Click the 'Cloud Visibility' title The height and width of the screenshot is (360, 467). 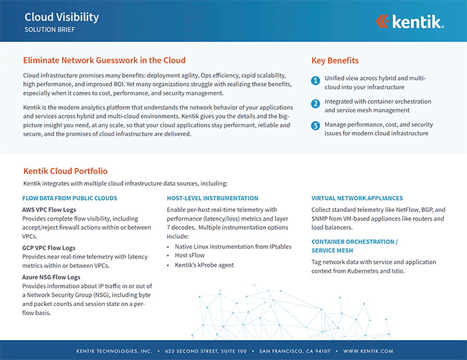tap(61, 17)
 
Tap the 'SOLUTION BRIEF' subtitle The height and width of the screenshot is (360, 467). tap(50, 31)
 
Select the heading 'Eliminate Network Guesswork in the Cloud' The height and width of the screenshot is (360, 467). tap(104, 60)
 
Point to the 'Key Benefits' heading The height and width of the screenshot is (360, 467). tap(335, 61)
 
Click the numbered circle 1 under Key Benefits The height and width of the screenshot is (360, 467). tap(316, 81)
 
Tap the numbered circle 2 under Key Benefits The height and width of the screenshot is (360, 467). tap(316, 103)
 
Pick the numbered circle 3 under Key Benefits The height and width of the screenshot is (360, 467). tap(316, 125)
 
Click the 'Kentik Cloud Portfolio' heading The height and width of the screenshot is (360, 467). tap(65, 171)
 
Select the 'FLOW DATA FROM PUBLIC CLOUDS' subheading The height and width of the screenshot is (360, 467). tap(70, 198)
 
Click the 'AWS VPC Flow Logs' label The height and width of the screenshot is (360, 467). tap(52, 209)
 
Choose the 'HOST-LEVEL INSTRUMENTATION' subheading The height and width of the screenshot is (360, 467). tap(212, 198)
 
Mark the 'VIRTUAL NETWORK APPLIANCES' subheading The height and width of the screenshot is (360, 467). tap(357, 198)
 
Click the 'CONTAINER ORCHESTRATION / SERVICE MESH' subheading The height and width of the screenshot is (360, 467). tap(354, 245)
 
